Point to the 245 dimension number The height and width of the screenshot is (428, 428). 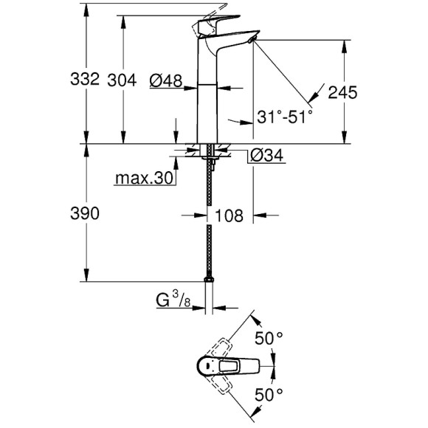click(x=343, y=92)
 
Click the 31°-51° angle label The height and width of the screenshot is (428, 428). click(x=286, y=116)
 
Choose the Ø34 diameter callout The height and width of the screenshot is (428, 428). click(x=263, y=155)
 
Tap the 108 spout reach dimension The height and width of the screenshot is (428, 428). click(x=229, y=215)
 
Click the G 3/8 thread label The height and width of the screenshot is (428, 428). click(x=176, y=300)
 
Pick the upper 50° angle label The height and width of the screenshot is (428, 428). click(x=269, y=337)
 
